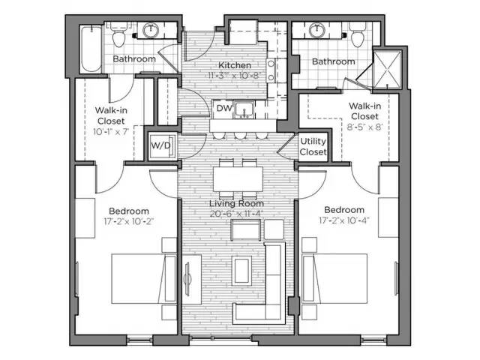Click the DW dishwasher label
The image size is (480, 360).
[223, 108]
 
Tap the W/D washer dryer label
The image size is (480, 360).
[160, 145]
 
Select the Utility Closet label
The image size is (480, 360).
[313, 146]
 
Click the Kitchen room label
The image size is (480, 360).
[234, 65]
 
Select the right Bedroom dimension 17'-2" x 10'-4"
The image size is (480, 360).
[343, 220]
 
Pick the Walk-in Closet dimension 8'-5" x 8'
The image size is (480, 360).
[364, 128]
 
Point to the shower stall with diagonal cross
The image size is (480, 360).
[387, 67]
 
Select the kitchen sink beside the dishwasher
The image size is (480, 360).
[242, 110]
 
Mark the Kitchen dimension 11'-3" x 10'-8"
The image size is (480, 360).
[234, 76]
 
